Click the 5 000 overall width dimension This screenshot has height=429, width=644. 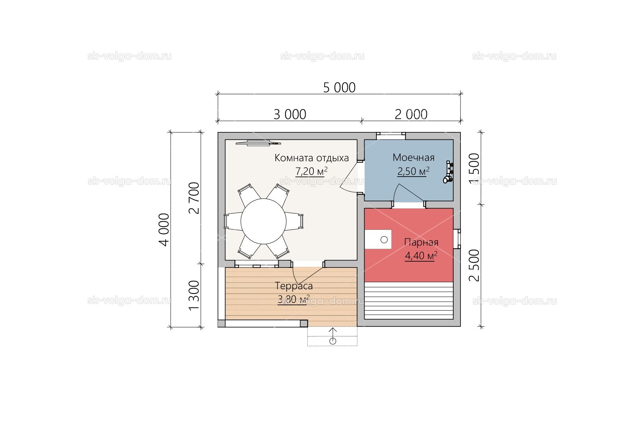tap(339, 88)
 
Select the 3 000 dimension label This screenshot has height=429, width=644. tap(290, 114)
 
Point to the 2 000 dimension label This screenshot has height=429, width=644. tap(411, 114)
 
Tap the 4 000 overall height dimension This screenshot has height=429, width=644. tap(164, 230)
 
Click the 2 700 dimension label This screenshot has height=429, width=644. tap(194, 198)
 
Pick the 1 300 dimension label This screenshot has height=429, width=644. tap(194, 295)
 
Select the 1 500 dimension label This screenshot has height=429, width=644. tap(474, 169)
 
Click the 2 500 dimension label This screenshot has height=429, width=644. tap(474, 265)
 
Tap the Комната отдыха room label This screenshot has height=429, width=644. tap(312, 158)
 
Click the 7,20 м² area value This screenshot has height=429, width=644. tap(311, 172)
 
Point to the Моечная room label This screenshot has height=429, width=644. tap(414, 157)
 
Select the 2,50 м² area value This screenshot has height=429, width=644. tap(413, 171)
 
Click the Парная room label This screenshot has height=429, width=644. tap(421, 242)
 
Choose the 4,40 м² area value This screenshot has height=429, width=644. tap(421, 256)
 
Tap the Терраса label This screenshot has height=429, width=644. tap(294, 286)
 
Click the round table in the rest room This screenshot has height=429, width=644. tap(263, 221)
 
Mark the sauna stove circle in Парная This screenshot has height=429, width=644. tap(384, 240)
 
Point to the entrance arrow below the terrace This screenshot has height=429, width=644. tap(333, 336)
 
